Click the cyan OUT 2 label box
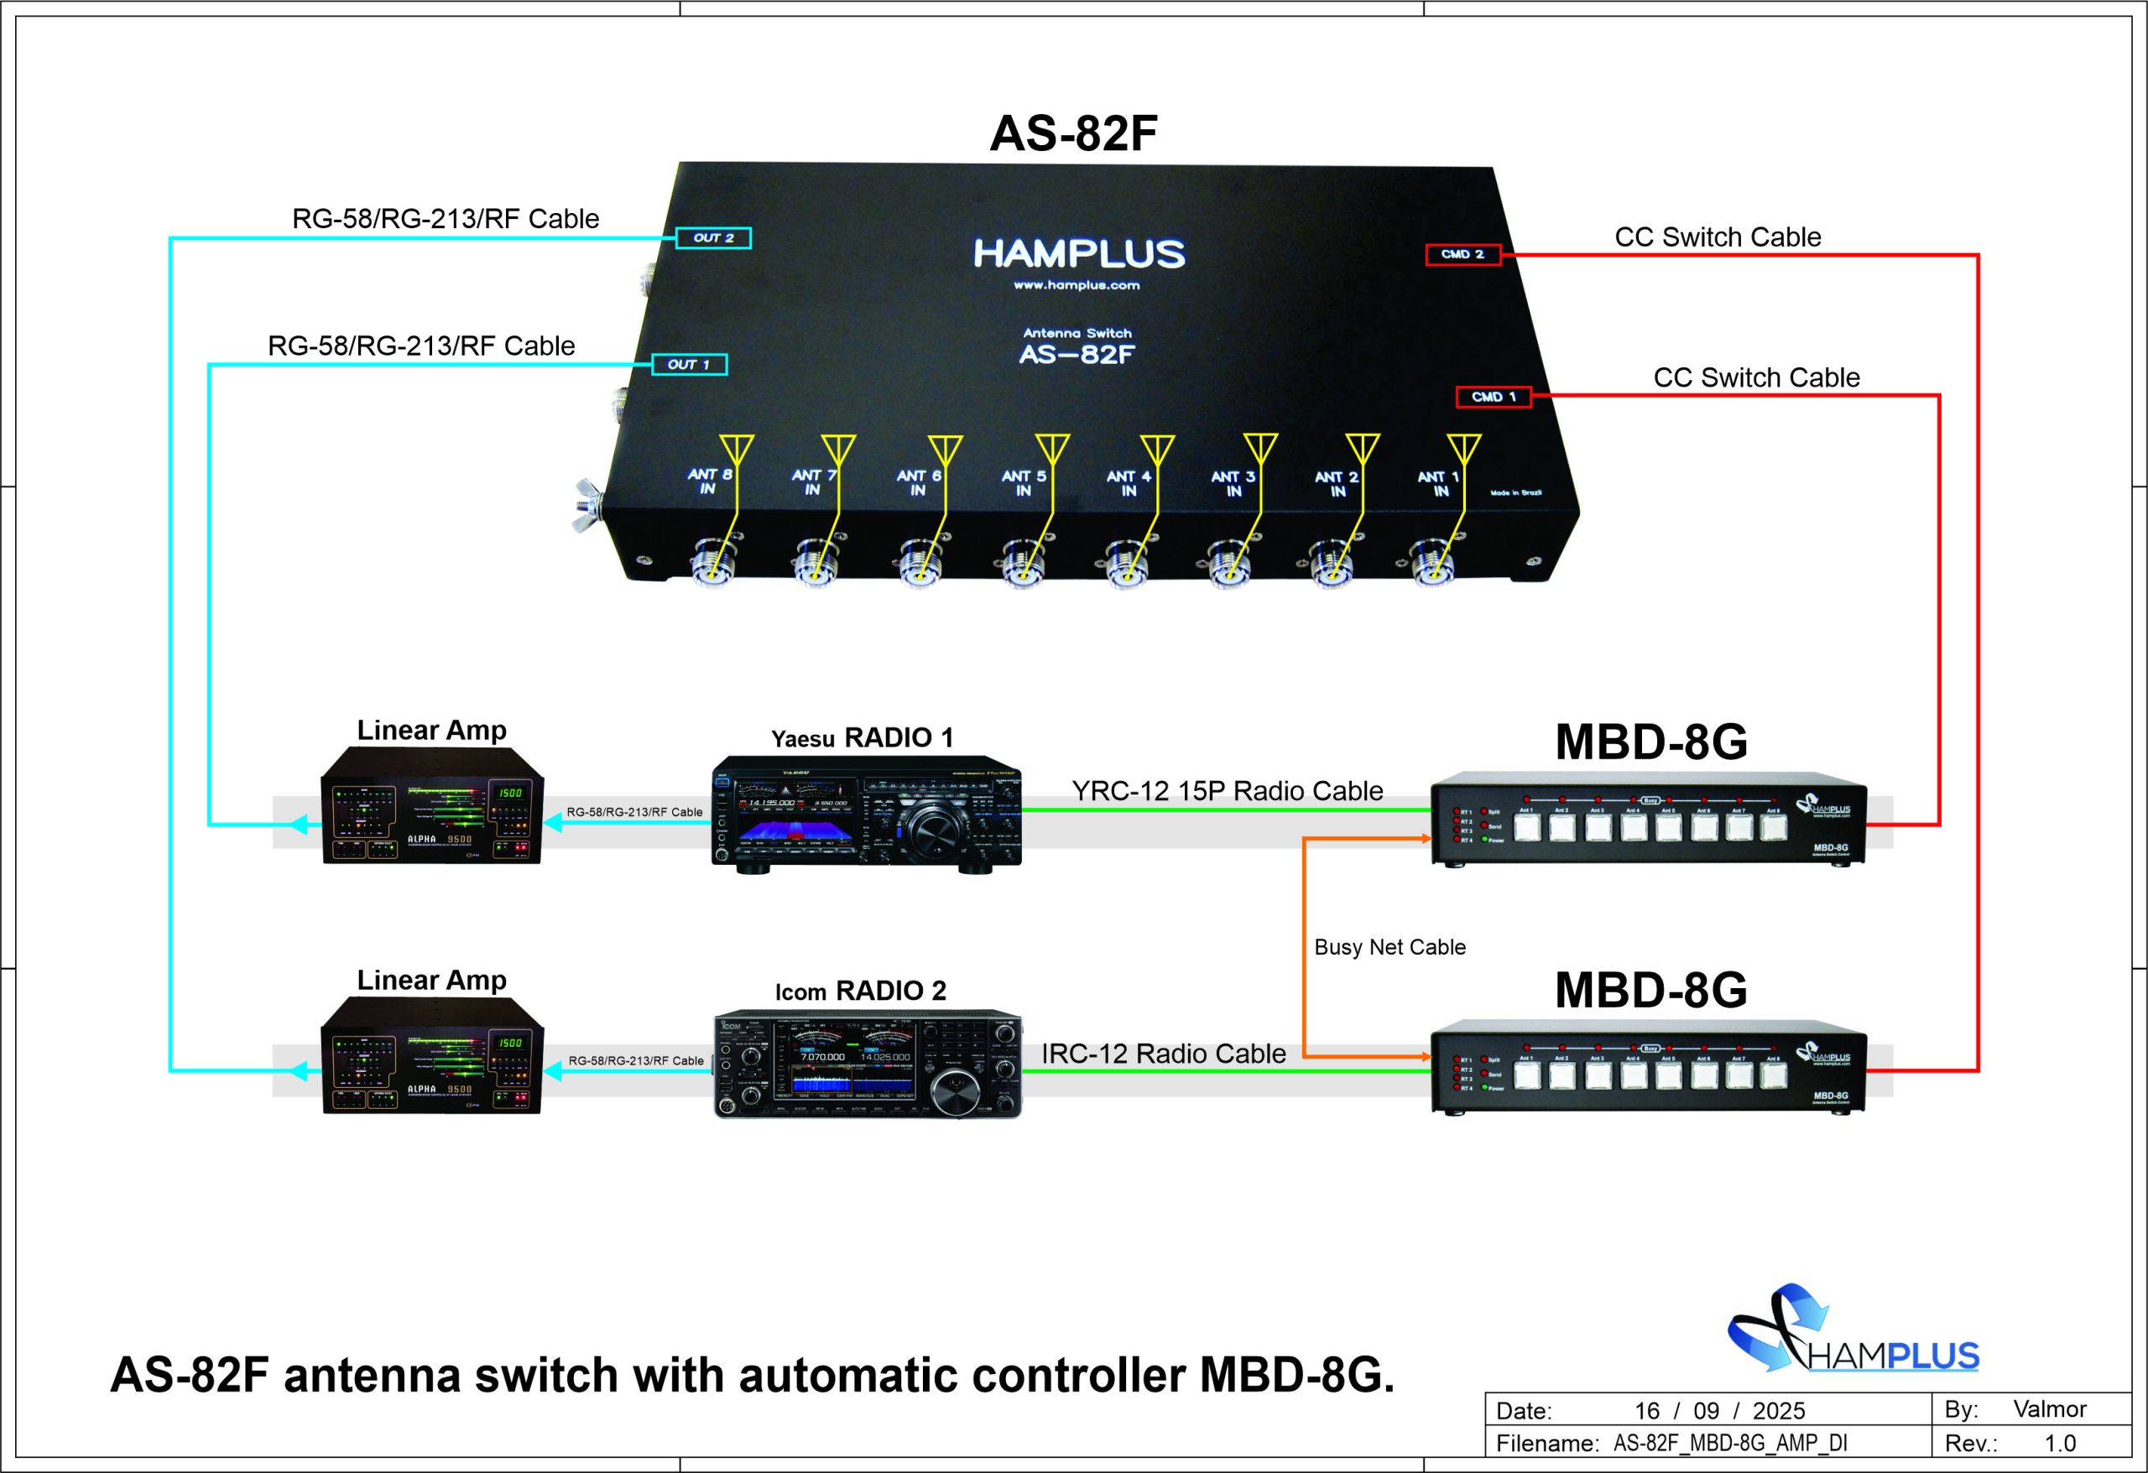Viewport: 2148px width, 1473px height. coord(712,237)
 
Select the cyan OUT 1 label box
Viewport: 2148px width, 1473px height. coord(689,364)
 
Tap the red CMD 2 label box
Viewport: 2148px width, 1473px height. coord(1462,254)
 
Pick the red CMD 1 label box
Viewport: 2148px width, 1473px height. coord(1493,397)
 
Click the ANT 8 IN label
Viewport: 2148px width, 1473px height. coord(709,481)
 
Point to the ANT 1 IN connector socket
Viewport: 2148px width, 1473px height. coord(1431,563)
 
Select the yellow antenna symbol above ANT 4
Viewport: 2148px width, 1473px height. coord(1156,449)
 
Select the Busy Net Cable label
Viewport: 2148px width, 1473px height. coord(1389,947)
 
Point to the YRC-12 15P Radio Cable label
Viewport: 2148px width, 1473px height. coord(1227,791)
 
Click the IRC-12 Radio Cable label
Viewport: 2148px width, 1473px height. coord(1163,1054)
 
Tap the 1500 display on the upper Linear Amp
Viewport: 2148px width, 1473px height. coord(509,793)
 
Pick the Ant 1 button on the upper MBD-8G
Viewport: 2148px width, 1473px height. coord(1527,828)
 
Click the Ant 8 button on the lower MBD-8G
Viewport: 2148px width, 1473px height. coord(1774,1075)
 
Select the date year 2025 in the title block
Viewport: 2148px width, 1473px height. coord(1778,1411)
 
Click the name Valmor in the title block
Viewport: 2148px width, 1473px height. coord(2049,1408)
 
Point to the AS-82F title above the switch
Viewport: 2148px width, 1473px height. coord(1073,134)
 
